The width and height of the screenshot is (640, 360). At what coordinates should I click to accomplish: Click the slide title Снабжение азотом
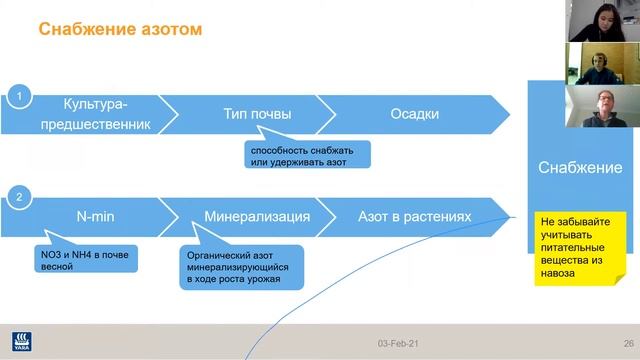click(120, 29)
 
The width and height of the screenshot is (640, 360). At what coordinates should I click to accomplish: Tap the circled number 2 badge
click(16, 198)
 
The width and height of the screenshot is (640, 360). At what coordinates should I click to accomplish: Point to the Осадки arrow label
click(414, 114)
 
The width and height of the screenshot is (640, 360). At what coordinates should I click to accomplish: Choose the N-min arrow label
click(96, 216)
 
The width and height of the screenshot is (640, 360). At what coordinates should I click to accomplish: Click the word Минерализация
click(256, 216)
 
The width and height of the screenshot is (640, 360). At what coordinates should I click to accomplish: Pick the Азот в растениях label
click(413, 216)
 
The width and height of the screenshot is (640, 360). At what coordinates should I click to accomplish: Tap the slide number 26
click(628, 343)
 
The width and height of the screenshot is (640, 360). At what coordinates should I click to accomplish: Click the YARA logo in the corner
click(18, 341)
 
